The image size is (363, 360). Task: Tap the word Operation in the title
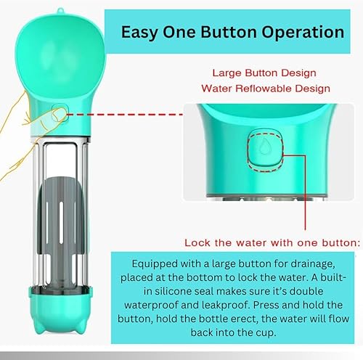coord(298,32)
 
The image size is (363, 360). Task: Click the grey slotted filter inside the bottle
coord(64,247)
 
